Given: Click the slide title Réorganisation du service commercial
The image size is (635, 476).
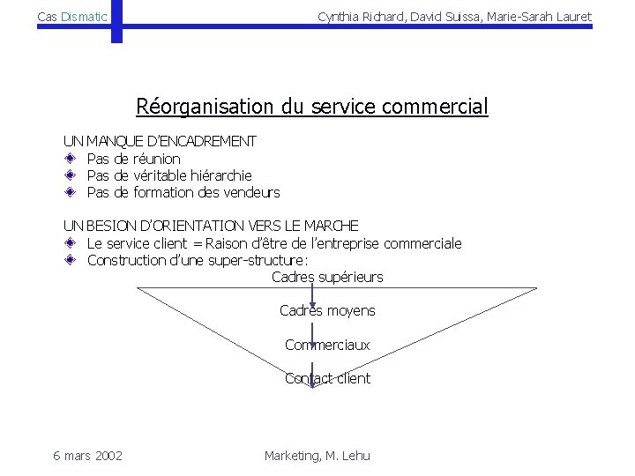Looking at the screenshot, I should point(311,108).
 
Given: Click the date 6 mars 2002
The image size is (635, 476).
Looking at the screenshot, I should point(87,455).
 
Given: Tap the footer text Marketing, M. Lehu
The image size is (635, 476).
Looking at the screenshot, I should point(317,455).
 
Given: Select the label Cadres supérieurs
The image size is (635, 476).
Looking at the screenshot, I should point(327,277).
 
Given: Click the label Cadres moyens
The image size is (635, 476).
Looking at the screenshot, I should point(327,310).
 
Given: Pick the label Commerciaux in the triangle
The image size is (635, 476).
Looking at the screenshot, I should point(327,345).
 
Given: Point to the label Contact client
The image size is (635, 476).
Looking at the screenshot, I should point(327,379).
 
